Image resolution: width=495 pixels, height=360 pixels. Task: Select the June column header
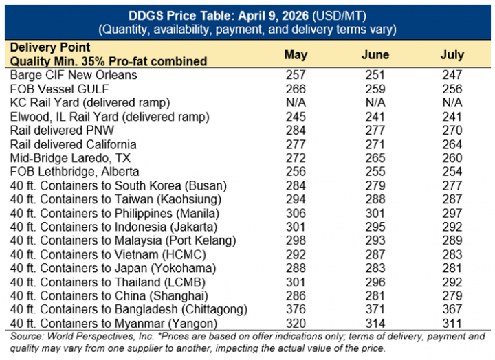coord(375,55)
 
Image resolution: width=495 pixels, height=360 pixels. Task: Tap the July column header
coord(452,55)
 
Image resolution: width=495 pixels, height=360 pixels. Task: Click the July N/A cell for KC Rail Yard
coord(452,102)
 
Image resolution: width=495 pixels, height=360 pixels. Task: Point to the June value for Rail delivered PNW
coord(375,131)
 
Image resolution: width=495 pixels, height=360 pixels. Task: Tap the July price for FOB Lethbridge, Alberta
coord(452,172)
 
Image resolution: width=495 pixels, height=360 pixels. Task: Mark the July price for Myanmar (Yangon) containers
coord(452,324)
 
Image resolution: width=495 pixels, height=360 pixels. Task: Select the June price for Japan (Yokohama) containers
coord(375,268)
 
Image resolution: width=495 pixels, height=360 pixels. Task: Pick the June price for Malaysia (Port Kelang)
coord(375,240)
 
